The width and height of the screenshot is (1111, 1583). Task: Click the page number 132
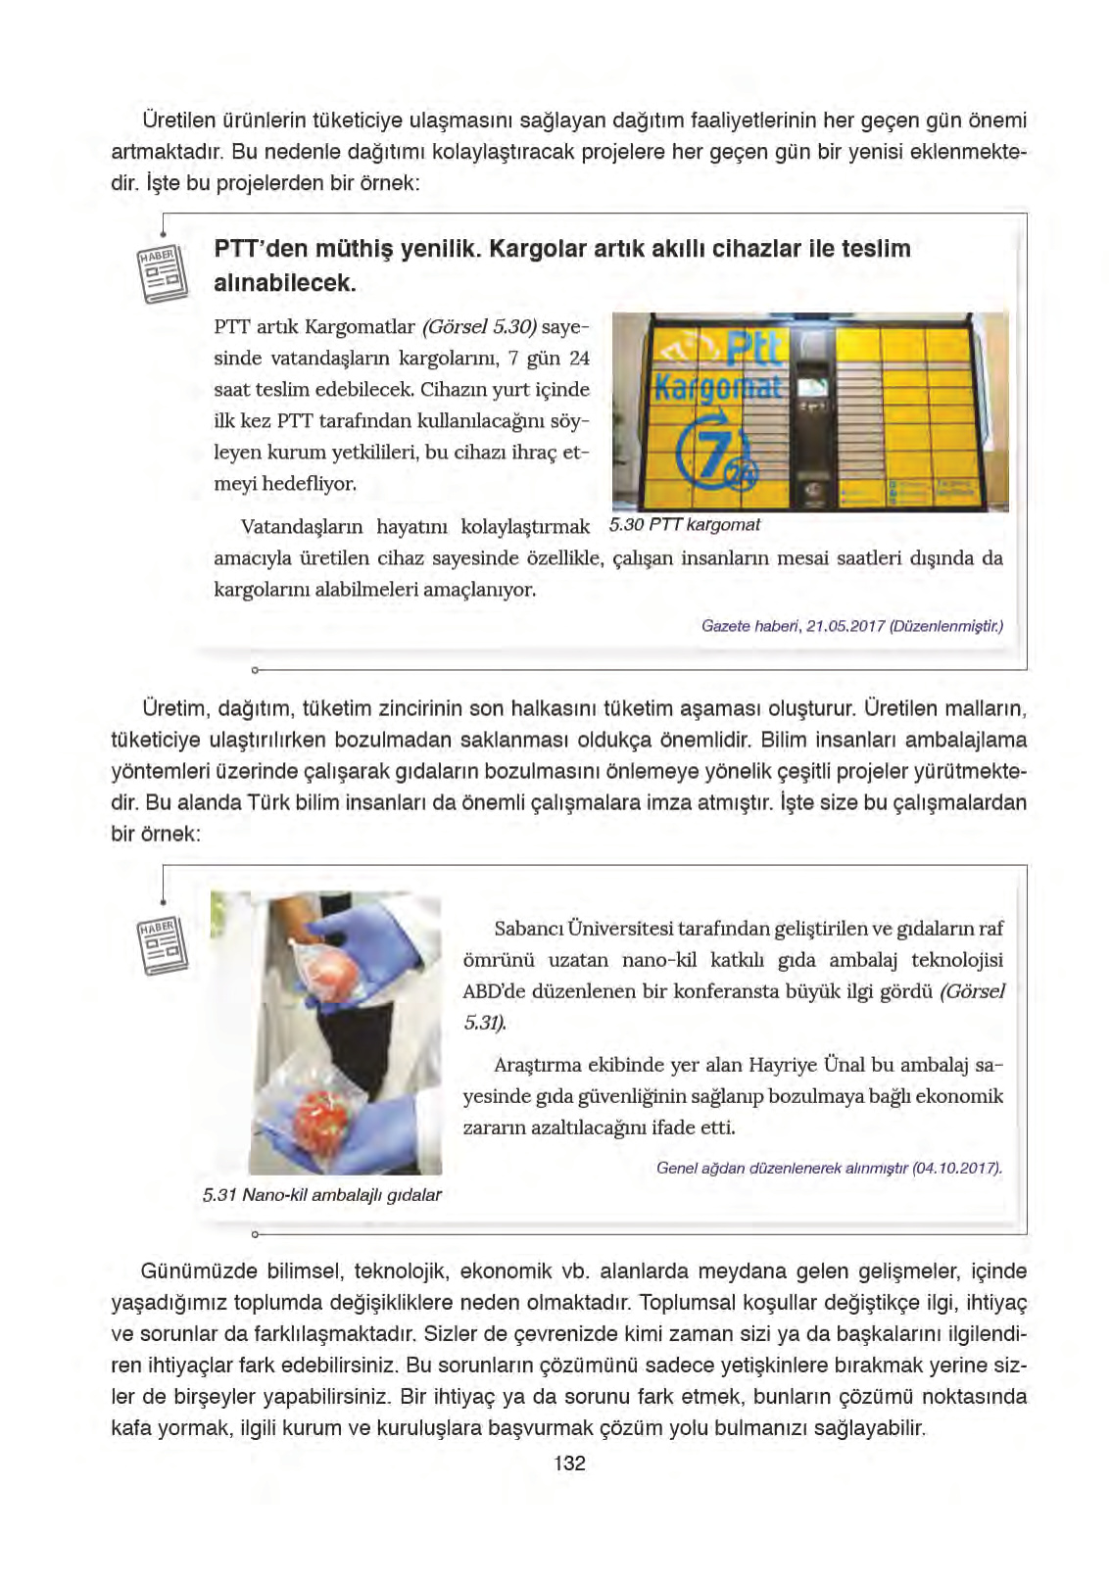pos(569,1463)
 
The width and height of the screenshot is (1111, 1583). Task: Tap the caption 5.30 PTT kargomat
pos(685,525)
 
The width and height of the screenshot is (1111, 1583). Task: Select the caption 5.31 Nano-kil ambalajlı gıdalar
pos(321,1194)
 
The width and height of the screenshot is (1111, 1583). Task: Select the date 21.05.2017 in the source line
pos(845,626)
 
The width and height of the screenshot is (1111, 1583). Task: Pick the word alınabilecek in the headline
pos(285,283)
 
